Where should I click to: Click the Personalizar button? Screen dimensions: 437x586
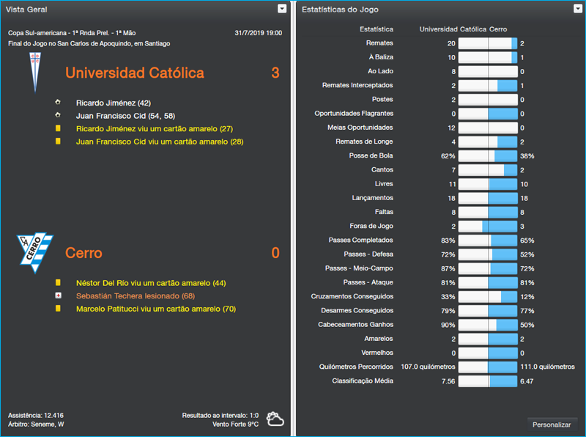552,425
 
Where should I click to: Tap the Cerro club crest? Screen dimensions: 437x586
35,252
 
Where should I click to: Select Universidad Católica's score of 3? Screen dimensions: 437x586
275,73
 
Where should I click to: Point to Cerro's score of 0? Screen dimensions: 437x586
275,253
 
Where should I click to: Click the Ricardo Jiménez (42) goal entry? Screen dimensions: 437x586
113,103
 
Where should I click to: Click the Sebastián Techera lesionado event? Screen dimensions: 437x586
135,295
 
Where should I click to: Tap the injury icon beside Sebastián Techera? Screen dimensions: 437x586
58,295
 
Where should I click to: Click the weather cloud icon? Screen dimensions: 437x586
275,419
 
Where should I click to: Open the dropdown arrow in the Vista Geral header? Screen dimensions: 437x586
282,9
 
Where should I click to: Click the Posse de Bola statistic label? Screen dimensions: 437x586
371,156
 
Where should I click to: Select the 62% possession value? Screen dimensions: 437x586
448,156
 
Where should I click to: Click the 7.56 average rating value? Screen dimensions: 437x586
448,381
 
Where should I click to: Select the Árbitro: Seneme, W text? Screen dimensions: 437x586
36,424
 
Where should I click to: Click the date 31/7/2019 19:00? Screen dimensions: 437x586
258,33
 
